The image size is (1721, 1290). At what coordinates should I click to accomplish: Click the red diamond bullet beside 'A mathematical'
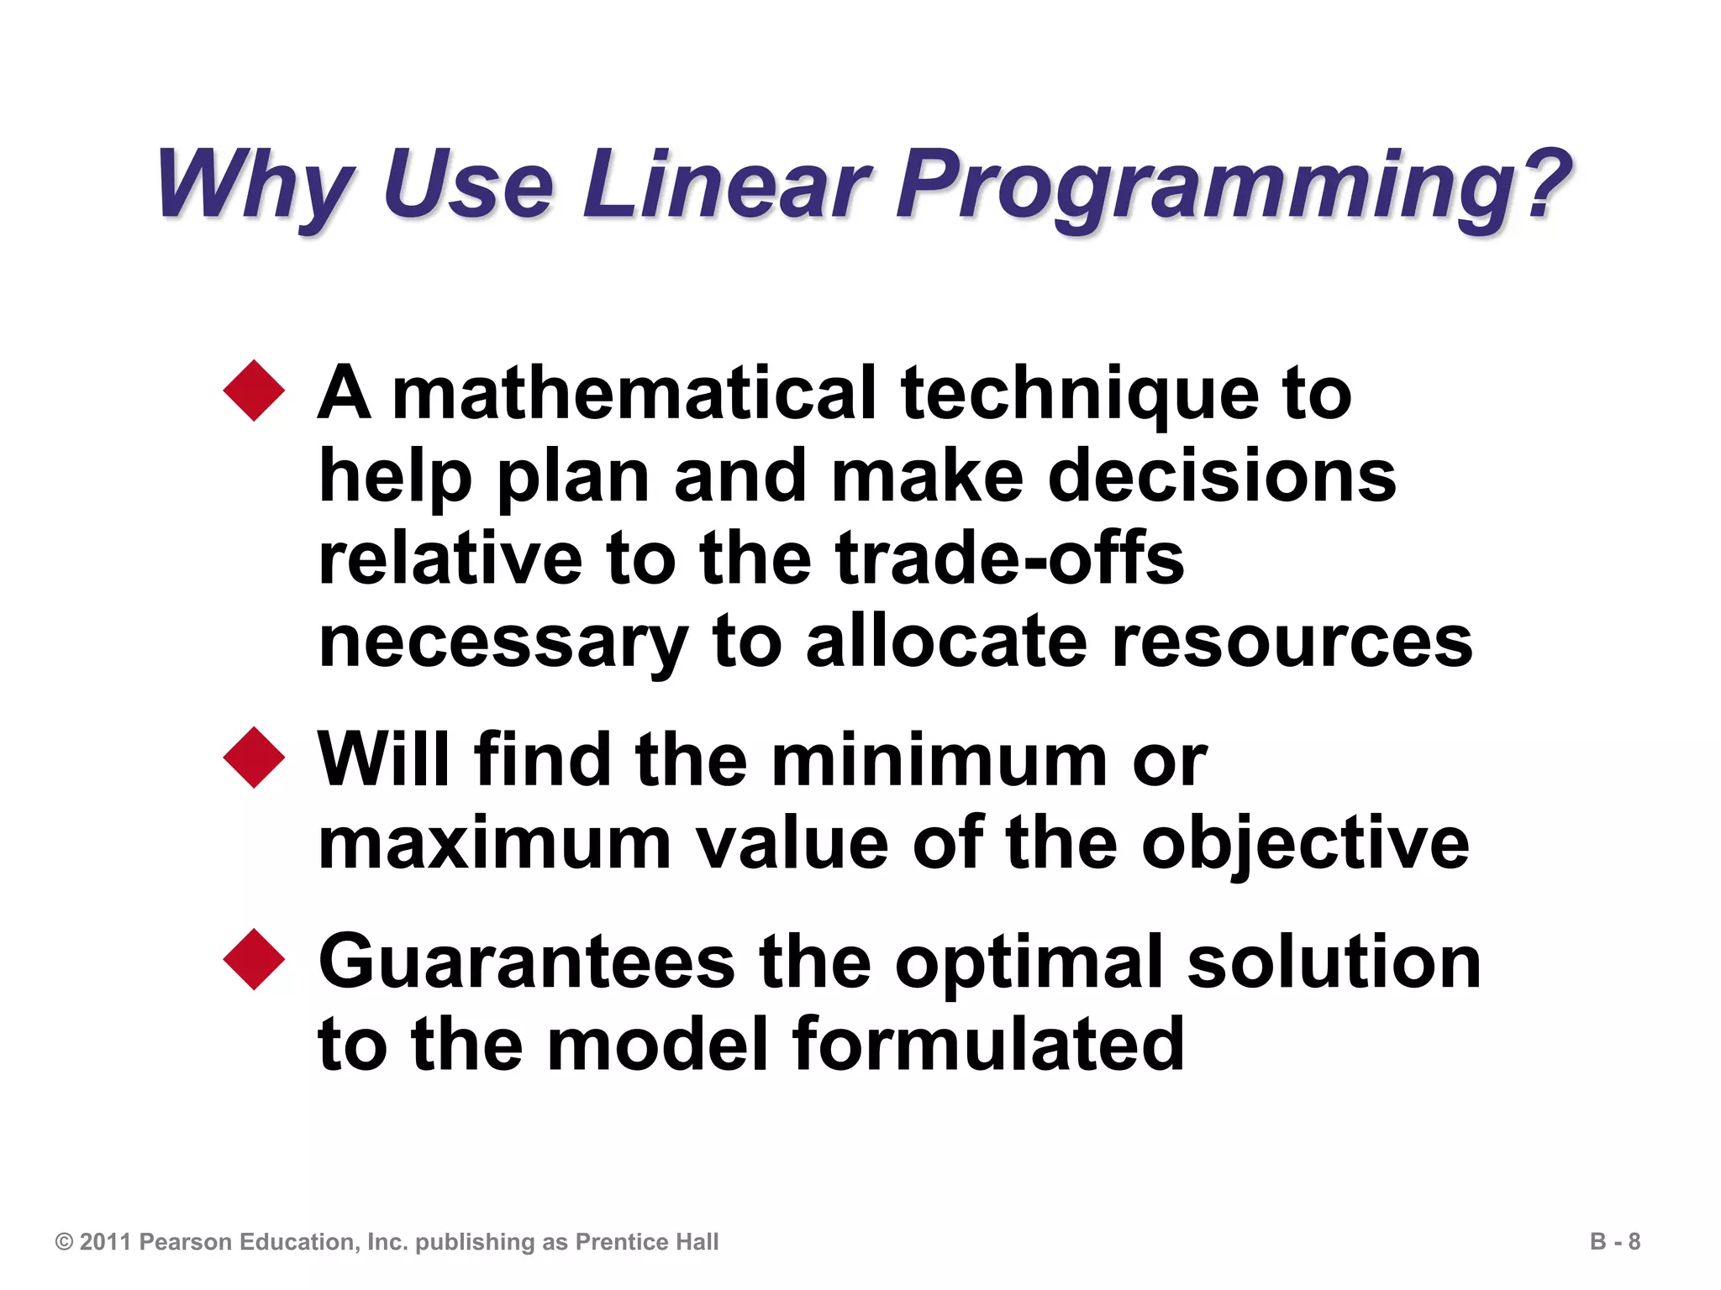254,391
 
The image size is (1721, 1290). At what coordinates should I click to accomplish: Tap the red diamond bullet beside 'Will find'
254,758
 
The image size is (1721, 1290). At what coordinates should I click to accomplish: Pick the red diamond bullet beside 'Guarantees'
254,959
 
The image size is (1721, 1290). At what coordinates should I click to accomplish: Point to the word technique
1079,395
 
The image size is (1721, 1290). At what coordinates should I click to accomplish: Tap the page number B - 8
1614,1241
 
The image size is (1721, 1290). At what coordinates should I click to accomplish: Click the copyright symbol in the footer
64,1242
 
